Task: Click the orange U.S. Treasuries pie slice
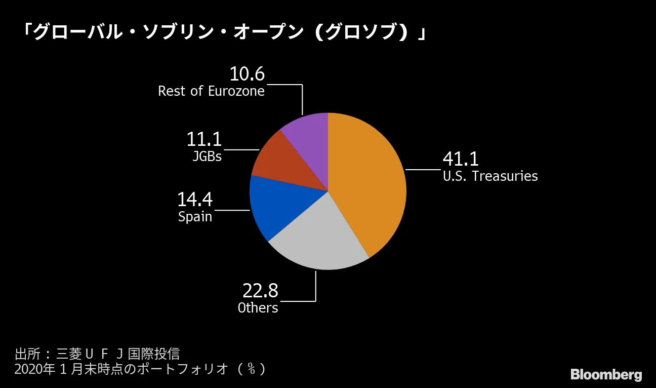pyautogui.click(x=370, y=182)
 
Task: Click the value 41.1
pyautogui.click(x=460, y=159)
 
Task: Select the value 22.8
pyautogui.click(x=260, y=291)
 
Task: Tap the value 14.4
pyautogui.click(x=194, y=200)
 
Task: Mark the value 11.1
pyautogui.click(x=204, y=139)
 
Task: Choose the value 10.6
pyautogui.click(x=247, y=74)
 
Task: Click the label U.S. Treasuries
pyautogui.click(x=490, y=176)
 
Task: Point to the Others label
pyautogui.click(x=258, y=307)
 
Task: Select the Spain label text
pyautogui.click(x=195, y=217)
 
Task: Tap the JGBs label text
pyautogui.click(x=207, y=156)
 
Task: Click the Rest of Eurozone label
pyautogui.click(x=211, y=91)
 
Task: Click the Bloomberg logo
pyautogui.click(x=606, y=375)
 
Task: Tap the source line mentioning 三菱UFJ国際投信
pyautogui.click(x=97, y=354)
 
